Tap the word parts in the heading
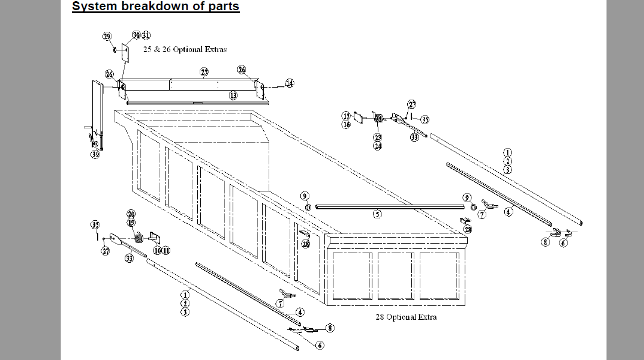222,7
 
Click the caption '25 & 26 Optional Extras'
185,49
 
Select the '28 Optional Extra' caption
404,317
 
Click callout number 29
107,37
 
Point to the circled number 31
146,35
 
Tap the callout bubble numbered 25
204,72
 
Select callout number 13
233,95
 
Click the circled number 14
290,83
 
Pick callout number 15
347,116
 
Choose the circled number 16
347,124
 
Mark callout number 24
378,146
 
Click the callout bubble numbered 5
377,214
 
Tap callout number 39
95,155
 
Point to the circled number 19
131,223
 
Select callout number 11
165,250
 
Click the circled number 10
157,250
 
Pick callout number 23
378,137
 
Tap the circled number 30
136,35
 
